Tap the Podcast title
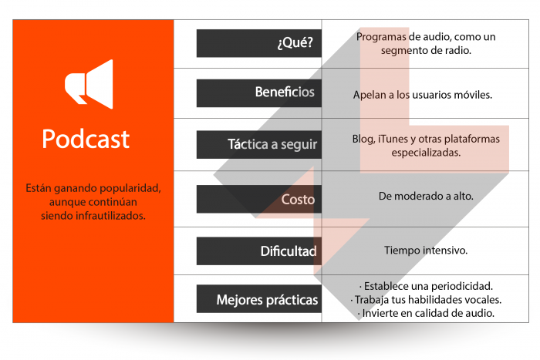[86, 139]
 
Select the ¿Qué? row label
[295, 43]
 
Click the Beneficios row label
[285, 93]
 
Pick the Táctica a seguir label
[272, 144]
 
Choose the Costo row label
[298, 200]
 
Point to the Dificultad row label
[288, 251]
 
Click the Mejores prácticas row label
[267, 299]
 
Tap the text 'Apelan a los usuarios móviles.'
[422, 94]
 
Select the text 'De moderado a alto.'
[426, 197]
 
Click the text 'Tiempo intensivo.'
[426, 251]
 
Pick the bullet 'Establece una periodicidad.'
[426, 285]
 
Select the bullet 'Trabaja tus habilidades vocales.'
[426, 299]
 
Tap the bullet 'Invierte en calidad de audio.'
[426, 313]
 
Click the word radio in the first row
[455, 50]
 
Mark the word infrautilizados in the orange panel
[112, 216]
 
